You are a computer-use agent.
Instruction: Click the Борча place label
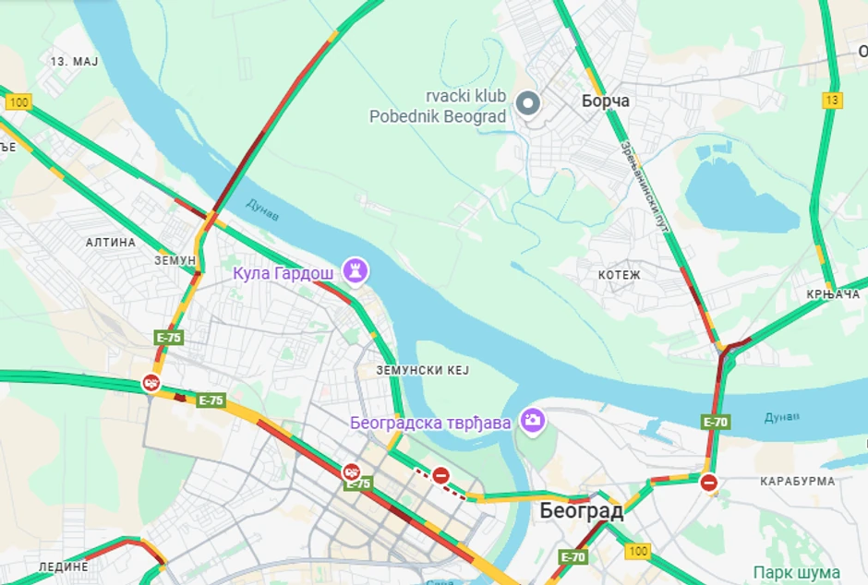[605, 101]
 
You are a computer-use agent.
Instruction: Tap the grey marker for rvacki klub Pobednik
[528, 102]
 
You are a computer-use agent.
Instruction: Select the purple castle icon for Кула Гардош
[356, 270]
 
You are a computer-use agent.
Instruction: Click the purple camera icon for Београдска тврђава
[532, 421]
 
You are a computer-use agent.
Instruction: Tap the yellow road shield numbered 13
[833, 100]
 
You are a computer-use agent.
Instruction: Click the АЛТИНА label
[110, 243]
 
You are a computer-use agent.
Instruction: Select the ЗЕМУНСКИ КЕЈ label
[422, 370]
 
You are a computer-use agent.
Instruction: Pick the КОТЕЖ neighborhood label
[619, 275]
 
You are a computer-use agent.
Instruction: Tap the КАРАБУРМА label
[797, 481]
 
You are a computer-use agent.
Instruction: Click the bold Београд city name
[581, 510]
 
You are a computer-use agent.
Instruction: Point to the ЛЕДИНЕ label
[63, 567]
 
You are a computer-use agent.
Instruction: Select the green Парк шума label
[796, 572]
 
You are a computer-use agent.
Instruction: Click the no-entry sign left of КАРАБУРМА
[708, 483]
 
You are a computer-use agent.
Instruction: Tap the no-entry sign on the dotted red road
[440, 475]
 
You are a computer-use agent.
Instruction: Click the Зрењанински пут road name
[644, 185]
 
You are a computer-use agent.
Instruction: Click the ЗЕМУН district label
[175, 261]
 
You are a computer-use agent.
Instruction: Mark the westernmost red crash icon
[151, 383]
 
